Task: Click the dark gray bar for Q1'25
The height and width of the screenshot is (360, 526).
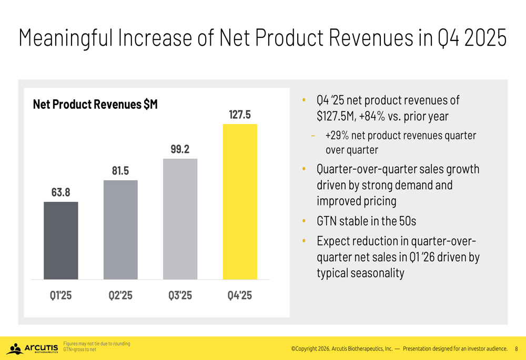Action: [60, 240]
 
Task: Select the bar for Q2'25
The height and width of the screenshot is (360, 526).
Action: [120, 230]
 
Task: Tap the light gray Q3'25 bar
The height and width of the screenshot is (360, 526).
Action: [180, 219]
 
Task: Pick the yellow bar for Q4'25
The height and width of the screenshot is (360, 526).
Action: [240, 201]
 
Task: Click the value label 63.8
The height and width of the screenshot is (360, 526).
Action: [60, 192]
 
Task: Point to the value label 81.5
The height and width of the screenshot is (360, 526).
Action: [120, 171]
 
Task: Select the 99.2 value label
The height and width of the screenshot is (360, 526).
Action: [180, 149]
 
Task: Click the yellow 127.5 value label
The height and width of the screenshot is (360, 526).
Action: [240, 115]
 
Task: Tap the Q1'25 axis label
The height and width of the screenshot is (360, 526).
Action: [60, 295]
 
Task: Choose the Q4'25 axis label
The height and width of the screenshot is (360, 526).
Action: [240, 295]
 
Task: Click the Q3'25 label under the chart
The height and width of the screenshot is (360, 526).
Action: [180, 295]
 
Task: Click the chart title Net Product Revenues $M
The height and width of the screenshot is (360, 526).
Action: [95, 105]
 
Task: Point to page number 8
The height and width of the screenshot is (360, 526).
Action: [516, 348]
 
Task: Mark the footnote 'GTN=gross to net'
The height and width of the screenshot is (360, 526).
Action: [79, 349]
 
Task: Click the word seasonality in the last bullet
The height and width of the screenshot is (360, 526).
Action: [360, 273]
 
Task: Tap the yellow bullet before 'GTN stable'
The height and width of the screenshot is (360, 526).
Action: [304, 221]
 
